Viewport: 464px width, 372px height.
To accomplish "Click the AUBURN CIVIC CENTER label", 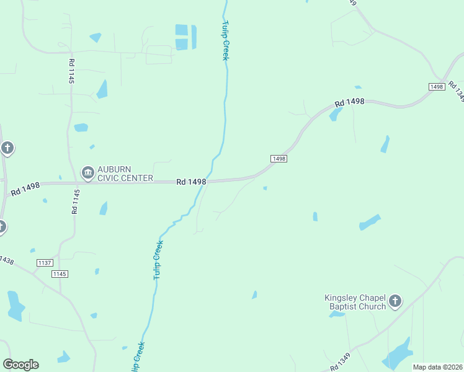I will pos(125,174).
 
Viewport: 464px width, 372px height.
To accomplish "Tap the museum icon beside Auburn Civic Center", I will pos(87,172).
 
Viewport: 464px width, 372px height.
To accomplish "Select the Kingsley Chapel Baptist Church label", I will pos(355,301).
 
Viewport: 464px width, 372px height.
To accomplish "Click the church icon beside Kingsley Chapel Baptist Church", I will pos(395,302).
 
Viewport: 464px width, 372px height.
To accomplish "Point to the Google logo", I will pos(20,365).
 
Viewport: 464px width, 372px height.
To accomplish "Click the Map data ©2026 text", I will pos(437,367).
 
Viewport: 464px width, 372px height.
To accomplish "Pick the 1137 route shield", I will pos(44,263).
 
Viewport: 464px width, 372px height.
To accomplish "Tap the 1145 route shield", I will pos(60,274).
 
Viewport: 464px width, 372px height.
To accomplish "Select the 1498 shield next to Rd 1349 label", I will pos(436,87).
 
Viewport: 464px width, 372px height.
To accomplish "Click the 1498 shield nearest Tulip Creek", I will pos(279,159).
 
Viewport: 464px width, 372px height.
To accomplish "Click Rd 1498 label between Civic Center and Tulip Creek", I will pos(190,182).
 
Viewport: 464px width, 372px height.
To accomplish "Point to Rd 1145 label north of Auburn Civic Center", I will pos(71,71).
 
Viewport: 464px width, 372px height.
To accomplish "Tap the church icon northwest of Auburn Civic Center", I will pos(7,148).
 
